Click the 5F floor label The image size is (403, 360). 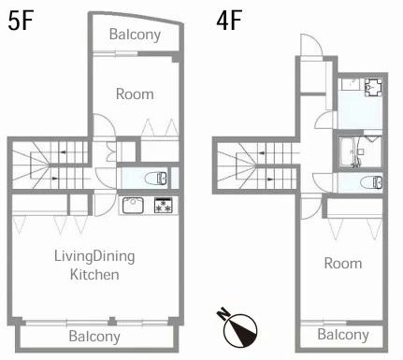(x=21, y=21)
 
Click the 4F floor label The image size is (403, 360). (x=229, y=21)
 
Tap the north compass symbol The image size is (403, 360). (x=239, y=328)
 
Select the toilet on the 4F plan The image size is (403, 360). (x=372, y=182)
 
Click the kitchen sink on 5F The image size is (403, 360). (x=133, y=206)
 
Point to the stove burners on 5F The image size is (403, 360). (x=163, y=206)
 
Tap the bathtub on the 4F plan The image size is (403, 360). (x=349, y=151)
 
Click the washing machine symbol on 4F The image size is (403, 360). (x=373, y=87)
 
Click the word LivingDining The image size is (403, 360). (x=94, y=256)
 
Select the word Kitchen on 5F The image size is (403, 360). (x=94, y=275)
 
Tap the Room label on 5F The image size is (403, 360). (x=135, y=94)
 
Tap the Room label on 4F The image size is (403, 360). (x=343, y=264)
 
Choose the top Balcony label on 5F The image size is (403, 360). (x=135, y=35)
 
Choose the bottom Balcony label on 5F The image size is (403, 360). (x=94, y=337)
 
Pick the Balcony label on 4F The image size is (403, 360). (x=343, y=335)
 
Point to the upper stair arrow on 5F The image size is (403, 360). (x=65, y=152)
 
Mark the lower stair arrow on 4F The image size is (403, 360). (x=270, y=180)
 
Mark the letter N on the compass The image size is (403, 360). (x=223, y=314)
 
